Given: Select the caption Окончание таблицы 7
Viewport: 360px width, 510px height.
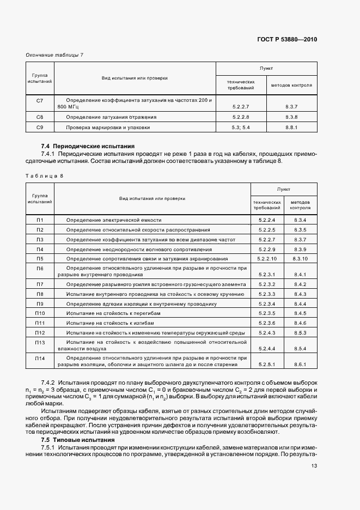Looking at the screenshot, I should point(55,54).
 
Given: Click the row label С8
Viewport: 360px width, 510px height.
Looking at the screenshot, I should point(39,117).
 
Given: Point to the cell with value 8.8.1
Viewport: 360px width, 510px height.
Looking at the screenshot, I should point(291,127).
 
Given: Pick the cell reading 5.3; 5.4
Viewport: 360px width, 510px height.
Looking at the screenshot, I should point(240,127).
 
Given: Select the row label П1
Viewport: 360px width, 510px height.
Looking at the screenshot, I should point(40,220).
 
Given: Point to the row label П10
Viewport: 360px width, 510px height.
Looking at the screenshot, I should point(40,313).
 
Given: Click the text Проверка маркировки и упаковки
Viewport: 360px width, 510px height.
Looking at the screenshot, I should point(108,127).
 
